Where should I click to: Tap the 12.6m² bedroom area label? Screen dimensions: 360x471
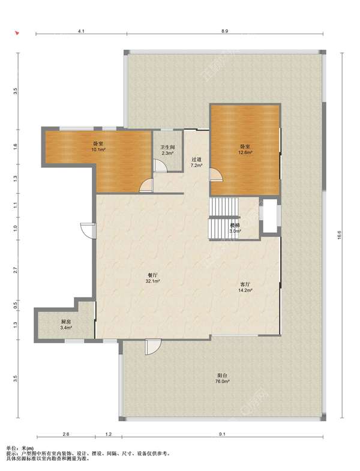click(245, 149)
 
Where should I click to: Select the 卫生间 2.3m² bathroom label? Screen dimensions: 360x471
click(167, 150)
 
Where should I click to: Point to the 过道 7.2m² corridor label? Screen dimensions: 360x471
click(197, 162)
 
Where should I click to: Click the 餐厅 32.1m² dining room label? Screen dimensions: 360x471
click(153, 278)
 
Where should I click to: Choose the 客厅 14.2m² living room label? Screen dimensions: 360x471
click(245, 287)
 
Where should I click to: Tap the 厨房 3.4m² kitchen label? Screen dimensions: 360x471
click(66, 325)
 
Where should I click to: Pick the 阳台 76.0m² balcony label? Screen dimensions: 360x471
click(223, 379)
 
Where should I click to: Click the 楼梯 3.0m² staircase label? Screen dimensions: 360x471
click(235, 228)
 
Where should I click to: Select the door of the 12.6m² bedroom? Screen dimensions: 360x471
click(216, 175)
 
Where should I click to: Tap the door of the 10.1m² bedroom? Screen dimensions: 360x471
click(146, 185)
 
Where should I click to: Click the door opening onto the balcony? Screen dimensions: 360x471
click(153, 347)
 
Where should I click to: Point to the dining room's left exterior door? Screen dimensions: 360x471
click(88, 230)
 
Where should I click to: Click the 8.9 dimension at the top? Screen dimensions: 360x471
click(224, 31)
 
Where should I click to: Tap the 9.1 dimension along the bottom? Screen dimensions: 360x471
click(222, 434)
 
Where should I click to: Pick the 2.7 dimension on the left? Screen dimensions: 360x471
click(16, 269)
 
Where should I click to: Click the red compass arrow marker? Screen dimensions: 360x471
click(17, 32)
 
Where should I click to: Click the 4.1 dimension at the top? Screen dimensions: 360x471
click(81, 31)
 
